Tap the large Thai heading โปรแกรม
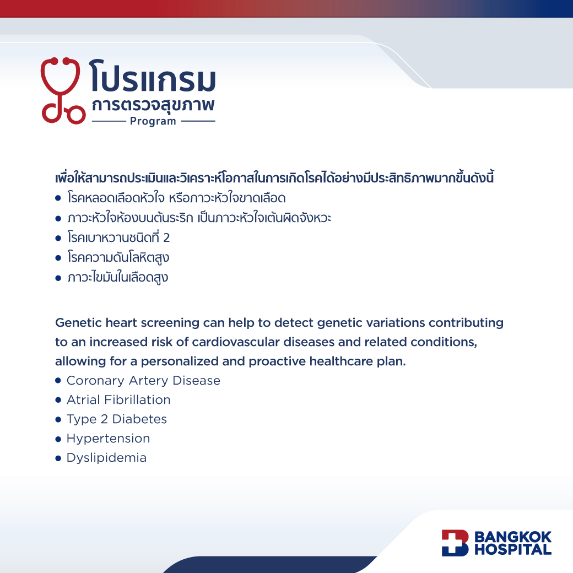[x=153, y=76]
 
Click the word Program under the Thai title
[x=153, y=121]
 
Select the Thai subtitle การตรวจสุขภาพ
[x=153, y=105]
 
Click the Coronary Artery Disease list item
[x=143, y=380]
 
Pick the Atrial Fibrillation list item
[x=118, y=400]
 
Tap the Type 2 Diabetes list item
[x=117, y=419]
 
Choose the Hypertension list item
[x=108, y=439]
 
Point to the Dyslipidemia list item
[x=106, y=458]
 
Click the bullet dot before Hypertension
[x=58, y=439]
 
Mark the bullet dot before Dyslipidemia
[x=58, y=458]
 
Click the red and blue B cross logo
[x=455, y=543]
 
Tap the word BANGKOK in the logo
[x=513, y=537]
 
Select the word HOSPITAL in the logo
[x=513, y=550]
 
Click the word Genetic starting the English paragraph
[x=78, y=323]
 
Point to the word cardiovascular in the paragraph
[x=236, y=342]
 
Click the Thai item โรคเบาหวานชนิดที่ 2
[x=118, y=237]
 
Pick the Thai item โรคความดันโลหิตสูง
[x=118, y=257]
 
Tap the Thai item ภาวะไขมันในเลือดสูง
[x=118, y=277]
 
